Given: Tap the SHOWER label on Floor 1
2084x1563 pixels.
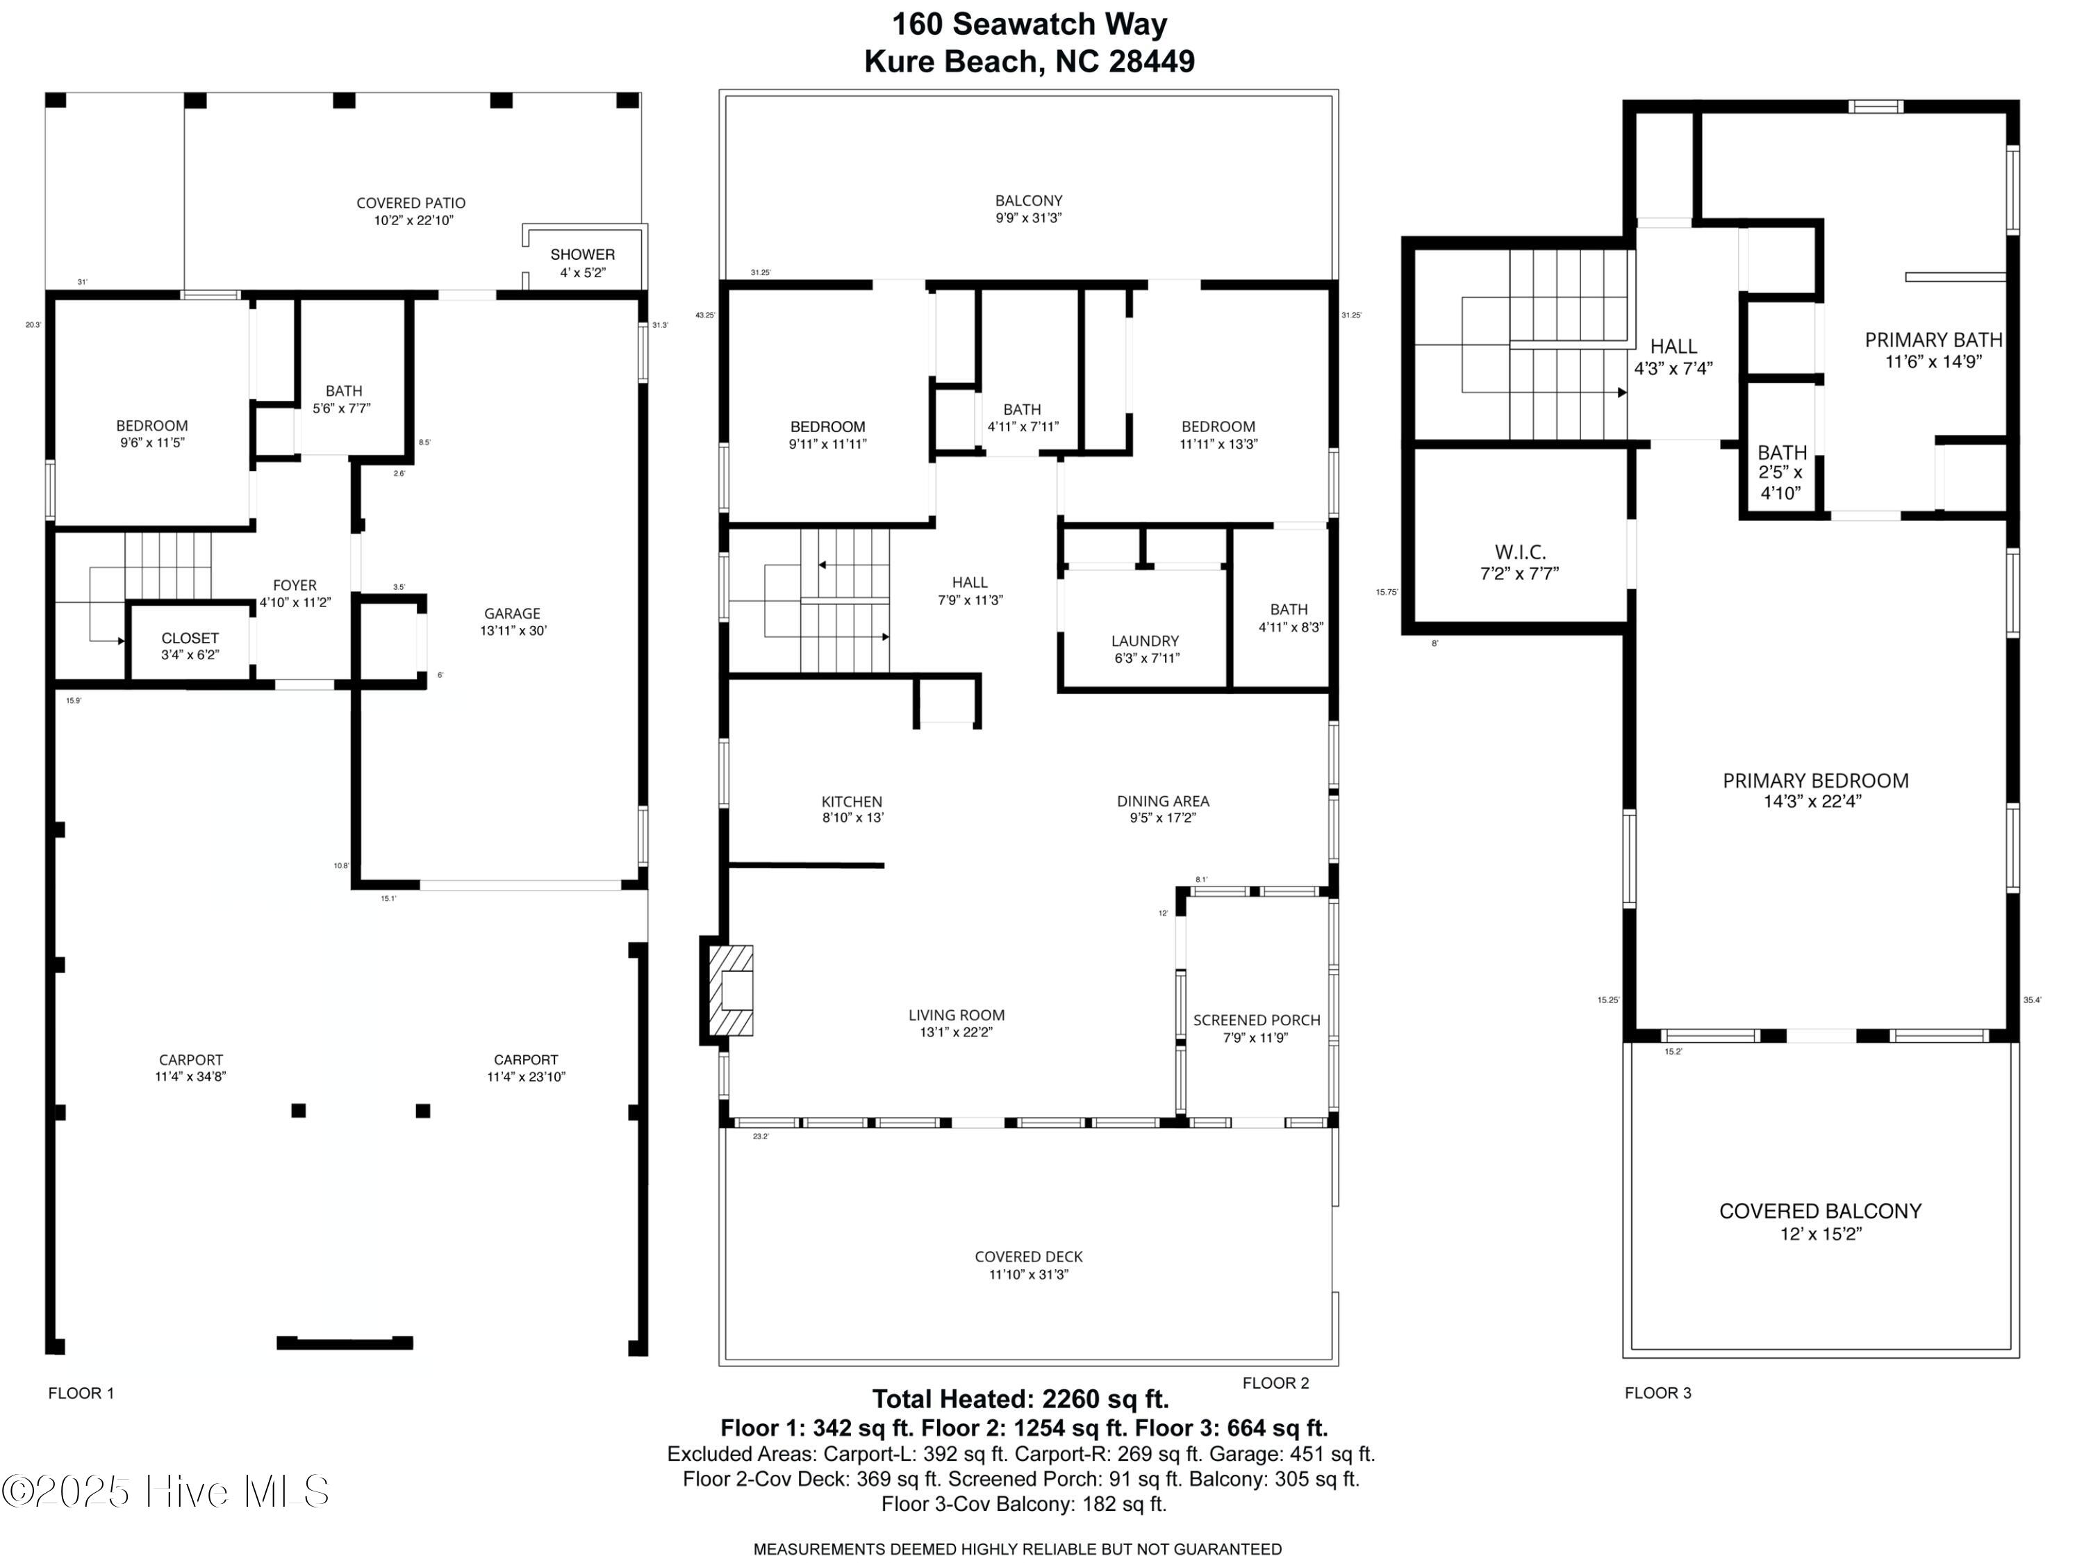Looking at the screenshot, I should tap(582, 254).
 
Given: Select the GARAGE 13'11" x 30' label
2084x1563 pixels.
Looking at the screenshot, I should tap(513, 622).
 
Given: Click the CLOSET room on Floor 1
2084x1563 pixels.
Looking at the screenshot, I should tap(190, 645).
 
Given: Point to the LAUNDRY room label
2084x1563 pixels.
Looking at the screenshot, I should tap(1145, 649).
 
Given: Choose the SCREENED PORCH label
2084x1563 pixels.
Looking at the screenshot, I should tap(1256, 1028).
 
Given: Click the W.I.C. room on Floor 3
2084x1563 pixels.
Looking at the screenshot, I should tap(1520, 561).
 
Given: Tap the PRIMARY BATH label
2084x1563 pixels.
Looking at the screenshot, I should tap(1933, 349).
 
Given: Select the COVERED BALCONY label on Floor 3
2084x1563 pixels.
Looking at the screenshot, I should tap(1820, 1221).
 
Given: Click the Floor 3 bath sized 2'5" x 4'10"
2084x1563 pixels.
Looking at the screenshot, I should tap(1782, 472).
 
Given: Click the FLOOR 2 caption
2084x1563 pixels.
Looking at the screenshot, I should tap(1275, 1383).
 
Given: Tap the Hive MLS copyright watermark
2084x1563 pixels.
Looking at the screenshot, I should tap(166, 1491).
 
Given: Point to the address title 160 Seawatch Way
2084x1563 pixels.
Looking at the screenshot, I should tap(1029, 24).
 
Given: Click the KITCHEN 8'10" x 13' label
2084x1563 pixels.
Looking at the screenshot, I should tap(852, 809).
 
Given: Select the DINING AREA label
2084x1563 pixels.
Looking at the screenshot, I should tap(1163, 809).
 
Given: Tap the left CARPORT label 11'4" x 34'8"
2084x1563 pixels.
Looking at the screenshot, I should tap(190, 1068).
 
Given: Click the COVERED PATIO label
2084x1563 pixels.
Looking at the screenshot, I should tap(411, 211).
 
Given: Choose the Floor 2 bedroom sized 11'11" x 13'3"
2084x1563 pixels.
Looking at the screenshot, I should tap(1218, 434).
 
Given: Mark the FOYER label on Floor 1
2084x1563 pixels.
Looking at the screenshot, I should tap(295, 593).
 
